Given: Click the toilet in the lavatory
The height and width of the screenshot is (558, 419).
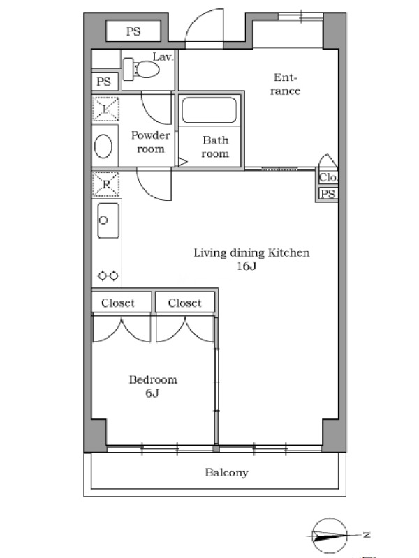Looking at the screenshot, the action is (x=142, y=69).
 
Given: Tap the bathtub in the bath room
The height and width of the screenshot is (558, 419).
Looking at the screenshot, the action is (x=209, y=110).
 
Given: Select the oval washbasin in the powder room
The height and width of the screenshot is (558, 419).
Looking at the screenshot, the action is (x=103, y=146).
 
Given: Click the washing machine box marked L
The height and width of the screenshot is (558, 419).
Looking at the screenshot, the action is (x=105, y=109).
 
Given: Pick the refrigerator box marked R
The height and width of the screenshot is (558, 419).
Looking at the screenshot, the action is (x=105, y=184).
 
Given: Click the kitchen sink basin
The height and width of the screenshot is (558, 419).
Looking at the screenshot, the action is (x=108, y=220).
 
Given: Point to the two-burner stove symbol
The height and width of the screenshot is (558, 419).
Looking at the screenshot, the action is (x=108, y=276).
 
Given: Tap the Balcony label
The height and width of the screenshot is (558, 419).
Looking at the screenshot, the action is (x=226, y=473).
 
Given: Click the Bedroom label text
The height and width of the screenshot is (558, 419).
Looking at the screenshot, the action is (x=153, y=379).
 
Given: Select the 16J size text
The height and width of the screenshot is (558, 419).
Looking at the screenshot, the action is (x=247, y=266).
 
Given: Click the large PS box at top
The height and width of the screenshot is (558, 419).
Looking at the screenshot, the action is (x=133, y=31).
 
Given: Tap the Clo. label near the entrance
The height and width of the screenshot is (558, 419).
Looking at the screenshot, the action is (x=328, y=177).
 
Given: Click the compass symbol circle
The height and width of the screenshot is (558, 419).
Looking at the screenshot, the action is (x=330, y=535).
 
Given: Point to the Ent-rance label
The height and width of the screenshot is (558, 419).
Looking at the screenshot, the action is (x=285, y=84).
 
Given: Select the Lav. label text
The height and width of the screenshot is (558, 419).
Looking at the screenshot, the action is (x=163, y=57).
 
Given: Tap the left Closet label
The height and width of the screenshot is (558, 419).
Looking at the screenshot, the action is (x=118, y=303).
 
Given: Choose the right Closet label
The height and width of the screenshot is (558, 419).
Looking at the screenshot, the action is (x=185, y=303).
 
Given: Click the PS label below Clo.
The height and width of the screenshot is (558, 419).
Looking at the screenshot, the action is (x=328, y=194).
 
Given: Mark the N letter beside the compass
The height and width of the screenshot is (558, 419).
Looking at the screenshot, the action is (x=366, y=534).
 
